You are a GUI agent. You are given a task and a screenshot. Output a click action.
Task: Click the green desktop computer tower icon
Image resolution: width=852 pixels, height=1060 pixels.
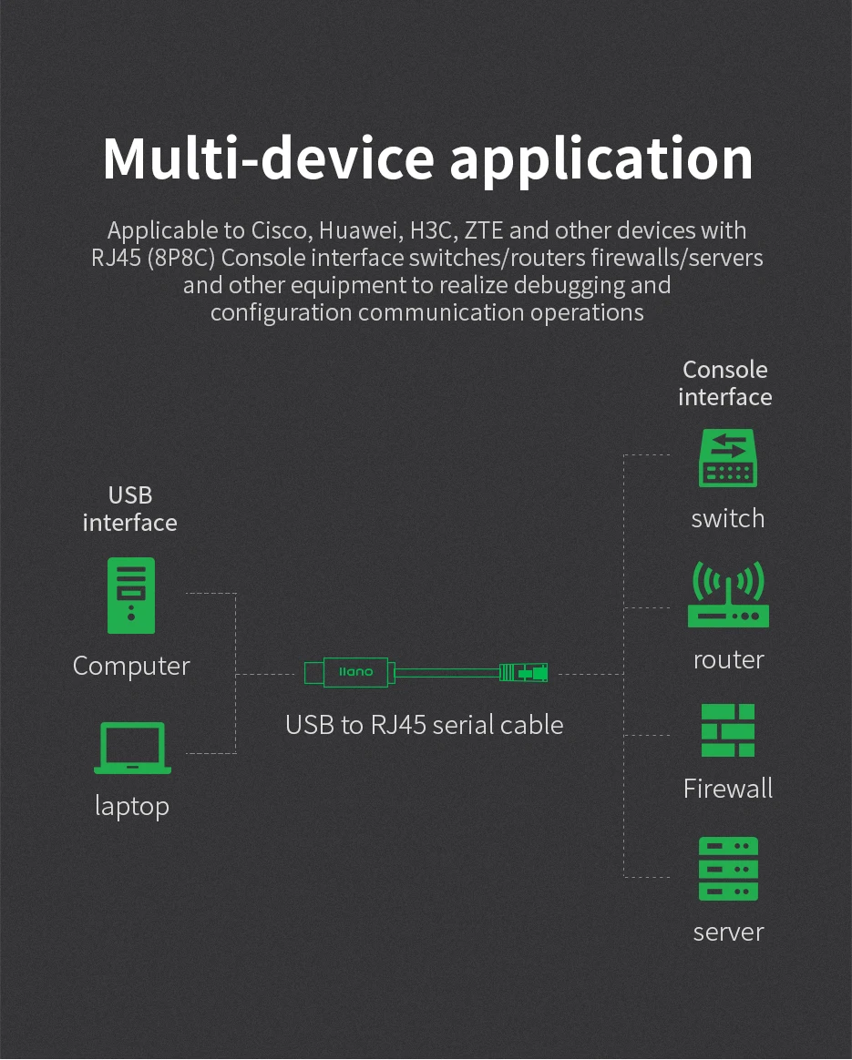coord(131,596)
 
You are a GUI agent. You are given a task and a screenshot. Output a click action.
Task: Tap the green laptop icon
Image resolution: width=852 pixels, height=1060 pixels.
coord(132,748)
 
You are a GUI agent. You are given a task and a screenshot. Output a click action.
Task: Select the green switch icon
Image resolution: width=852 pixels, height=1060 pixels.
coord(727,459)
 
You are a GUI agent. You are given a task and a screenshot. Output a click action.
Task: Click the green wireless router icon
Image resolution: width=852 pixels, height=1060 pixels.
coord(728,596)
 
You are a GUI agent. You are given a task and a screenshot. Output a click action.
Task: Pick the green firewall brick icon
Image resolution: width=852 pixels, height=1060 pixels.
coord(728,730)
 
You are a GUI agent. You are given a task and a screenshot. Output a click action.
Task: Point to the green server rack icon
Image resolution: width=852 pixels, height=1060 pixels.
coord(728,870)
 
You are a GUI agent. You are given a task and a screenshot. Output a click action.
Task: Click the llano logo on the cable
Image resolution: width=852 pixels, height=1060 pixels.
coord(355,673)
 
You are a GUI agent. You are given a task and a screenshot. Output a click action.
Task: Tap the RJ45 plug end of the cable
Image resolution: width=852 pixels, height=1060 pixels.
coord(524,673)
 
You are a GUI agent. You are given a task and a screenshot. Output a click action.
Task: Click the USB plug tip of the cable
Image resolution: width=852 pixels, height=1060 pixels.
coord(313,673)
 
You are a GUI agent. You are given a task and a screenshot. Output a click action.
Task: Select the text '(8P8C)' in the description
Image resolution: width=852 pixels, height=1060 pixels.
coord(182,259)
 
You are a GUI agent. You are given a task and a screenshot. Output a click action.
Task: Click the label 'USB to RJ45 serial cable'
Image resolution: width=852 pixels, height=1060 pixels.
coord(424,725)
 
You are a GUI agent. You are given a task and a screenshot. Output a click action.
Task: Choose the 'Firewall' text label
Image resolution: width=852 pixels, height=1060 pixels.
coord(728,789)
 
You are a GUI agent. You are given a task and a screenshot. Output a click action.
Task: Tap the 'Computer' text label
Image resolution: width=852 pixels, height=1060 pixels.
coord(131,666)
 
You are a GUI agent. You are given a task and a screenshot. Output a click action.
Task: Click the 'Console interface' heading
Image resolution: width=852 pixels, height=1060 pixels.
coord(725,383)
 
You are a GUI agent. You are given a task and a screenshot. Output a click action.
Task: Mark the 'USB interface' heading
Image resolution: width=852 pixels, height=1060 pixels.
coord(130,509)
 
